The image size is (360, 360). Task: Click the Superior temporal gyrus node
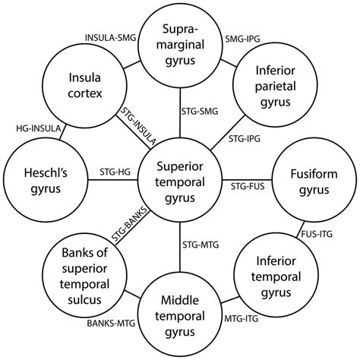[x=180, y=179]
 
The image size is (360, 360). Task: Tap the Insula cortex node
[x=81, y=87]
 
